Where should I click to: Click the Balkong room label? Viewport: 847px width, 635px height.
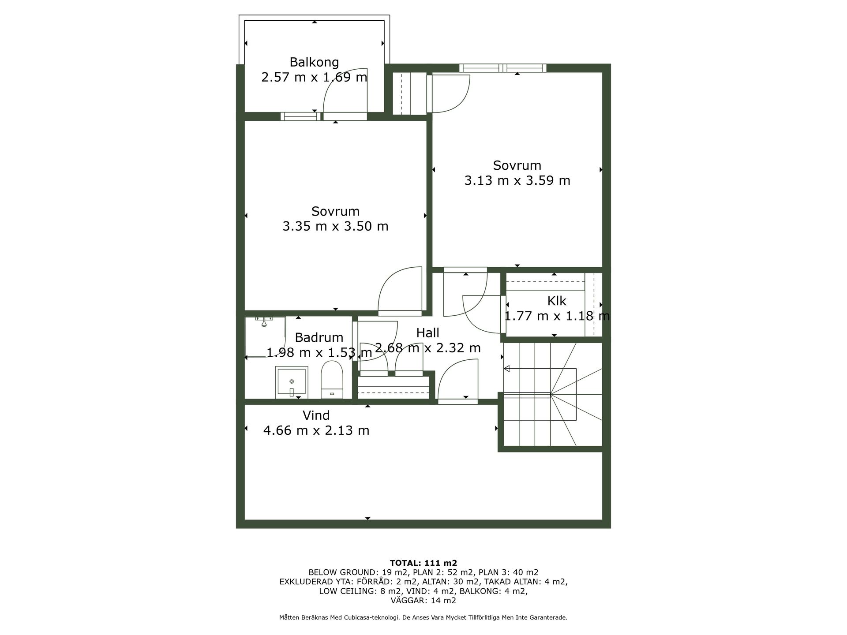(x=314, y=62)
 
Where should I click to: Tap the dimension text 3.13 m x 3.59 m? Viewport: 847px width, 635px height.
(x=517, y=180)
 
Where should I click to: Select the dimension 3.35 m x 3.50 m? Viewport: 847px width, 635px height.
(x=335, y=226)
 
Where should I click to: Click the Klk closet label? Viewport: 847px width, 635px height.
(x=557, y=301)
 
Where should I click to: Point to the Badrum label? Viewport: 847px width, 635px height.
(x=319, y=337)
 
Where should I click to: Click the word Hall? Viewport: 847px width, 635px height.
(x=427, y=333)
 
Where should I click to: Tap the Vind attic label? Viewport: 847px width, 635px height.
(x=316, y=415)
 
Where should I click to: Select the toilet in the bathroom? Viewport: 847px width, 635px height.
(x=332, y=380)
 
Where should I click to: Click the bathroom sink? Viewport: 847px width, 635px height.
(x=292, y=382)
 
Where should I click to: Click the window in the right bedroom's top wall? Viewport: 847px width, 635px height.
(x=502, y=68)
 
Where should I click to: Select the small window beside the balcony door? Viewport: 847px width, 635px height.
(x=300, y=116)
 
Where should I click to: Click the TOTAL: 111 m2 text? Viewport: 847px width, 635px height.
(x=423, y=563)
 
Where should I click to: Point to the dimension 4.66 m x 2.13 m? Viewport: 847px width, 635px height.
(x=316, y=430)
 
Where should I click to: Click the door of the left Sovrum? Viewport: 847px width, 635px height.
(x=400, y=291)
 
